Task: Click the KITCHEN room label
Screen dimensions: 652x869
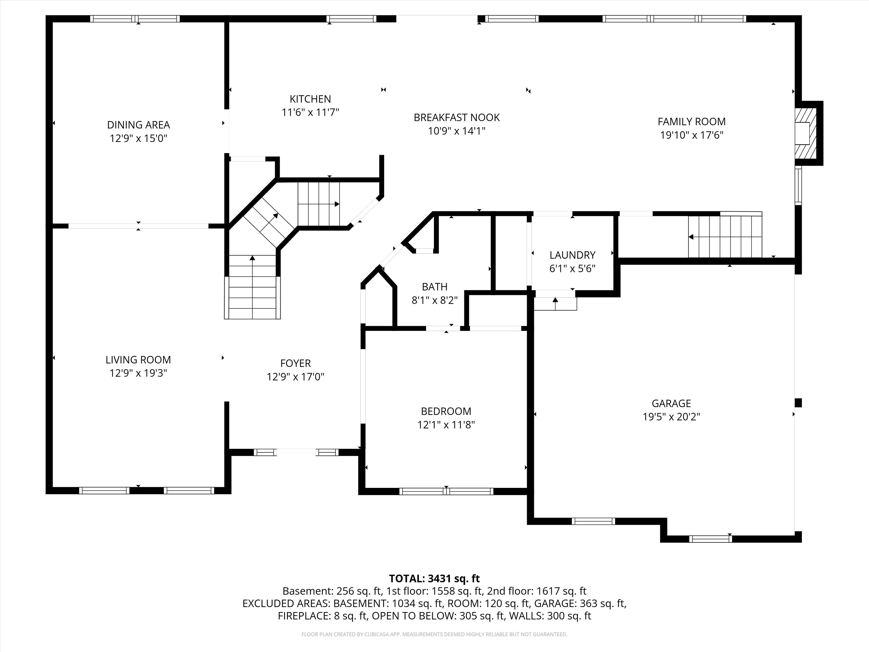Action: [x=310, y=99]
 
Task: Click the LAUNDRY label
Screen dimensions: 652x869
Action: [x=572, y=255]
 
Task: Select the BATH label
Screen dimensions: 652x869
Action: [x=434, y=287]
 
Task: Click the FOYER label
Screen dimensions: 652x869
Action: [x=295, y=363]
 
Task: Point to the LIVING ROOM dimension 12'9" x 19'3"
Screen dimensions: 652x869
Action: [x=138, y=373]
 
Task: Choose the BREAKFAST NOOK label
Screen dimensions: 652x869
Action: [x=457, y=118]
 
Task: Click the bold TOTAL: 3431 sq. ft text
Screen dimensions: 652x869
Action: [x=434, y=578]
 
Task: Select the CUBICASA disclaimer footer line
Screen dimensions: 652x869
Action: [x=434, y=634]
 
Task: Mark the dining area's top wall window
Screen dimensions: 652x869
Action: [x=135, y=19]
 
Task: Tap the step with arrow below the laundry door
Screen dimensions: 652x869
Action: [x=555, y=304]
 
